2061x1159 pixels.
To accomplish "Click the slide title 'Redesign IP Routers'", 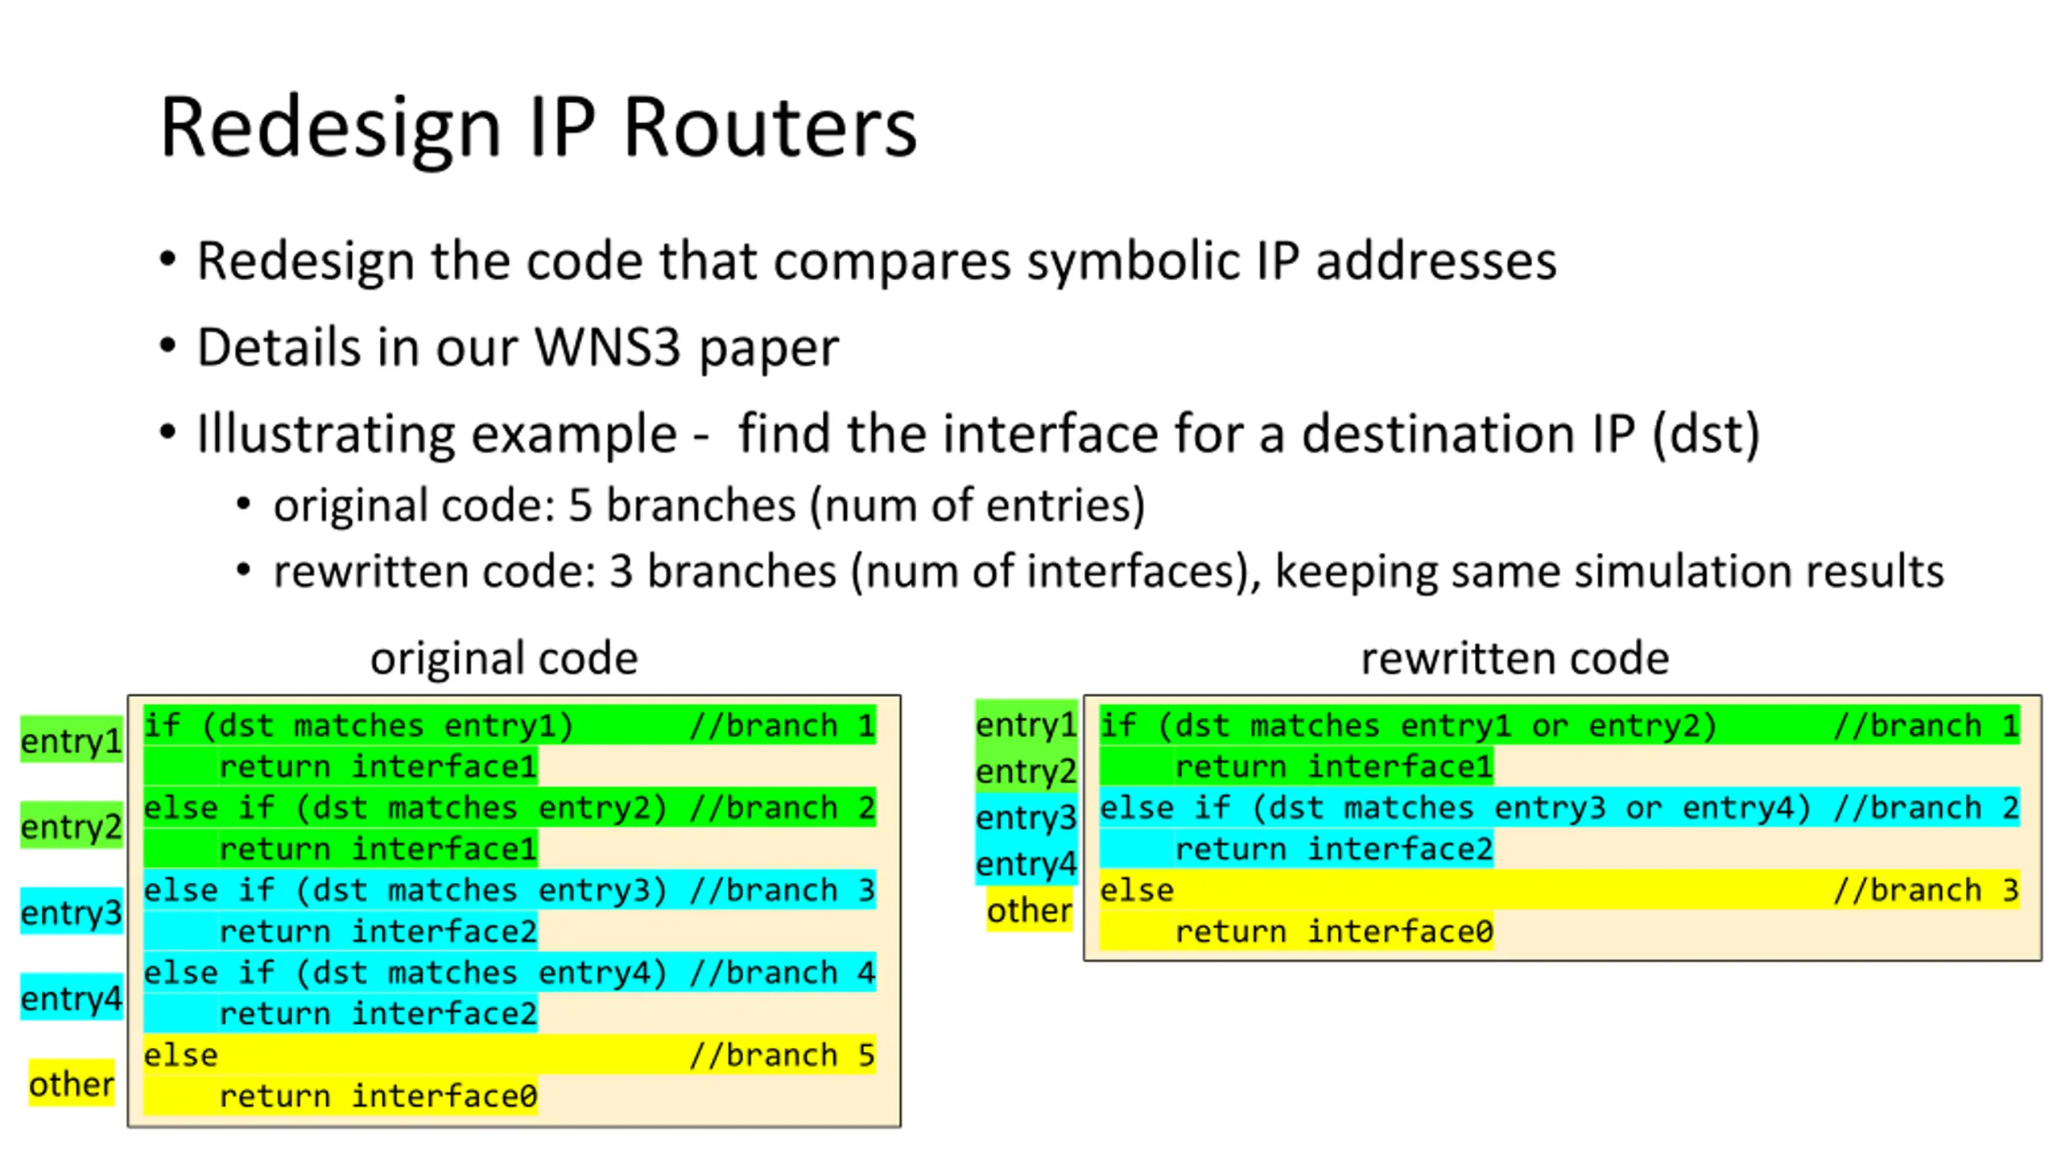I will [538, 127].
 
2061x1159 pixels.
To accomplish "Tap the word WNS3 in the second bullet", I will [607, 348].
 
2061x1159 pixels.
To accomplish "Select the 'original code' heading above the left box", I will [504, 658].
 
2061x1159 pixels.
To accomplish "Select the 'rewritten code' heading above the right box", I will [1514, 658].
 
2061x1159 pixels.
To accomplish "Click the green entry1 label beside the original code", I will [71, 740].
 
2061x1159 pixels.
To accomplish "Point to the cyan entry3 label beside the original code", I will [71, 912].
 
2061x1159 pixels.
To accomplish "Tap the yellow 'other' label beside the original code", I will [71, 1083].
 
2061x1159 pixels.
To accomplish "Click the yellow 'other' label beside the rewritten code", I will [1029, 909].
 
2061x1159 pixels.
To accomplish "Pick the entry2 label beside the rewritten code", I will [1026, 770].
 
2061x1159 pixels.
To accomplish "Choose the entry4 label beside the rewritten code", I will [1026, 863].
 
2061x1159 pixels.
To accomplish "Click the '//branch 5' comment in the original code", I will [782, 1054].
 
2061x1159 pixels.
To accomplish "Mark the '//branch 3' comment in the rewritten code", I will [1926, 889].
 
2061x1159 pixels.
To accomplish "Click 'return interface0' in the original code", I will [378, 1095].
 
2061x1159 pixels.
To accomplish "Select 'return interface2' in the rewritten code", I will [1334, 848].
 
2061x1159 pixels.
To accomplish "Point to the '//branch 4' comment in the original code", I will [782, 972].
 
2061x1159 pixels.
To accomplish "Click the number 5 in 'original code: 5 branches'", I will [580, 505].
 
